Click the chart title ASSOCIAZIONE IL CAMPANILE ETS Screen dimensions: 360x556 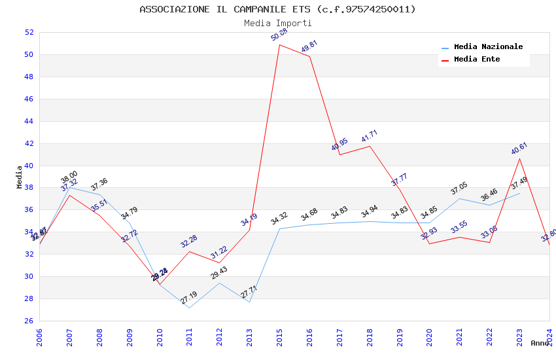(277, 9)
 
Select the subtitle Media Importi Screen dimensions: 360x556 (277, 23)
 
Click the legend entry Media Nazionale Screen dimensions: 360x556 (488, 47)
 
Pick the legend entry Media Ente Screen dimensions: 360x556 (477, 60)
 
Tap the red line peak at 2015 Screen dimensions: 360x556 (279, 45)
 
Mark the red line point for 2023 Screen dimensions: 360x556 (519, 158)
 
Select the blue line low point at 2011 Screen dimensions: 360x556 (189, 308)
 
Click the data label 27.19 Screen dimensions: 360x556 (189, 298)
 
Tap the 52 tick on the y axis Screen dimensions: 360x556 (29, 32)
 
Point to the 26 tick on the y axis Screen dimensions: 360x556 (29, 321)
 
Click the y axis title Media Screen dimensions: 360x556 (20, 177)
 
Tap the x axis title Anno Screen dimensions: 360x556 (540, 343)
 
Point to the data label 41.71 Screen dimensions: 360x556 (370, 136)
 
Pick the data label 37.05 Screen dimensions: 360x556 (459, 189)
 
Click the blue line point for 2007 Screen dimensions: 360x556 (69, 187)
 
